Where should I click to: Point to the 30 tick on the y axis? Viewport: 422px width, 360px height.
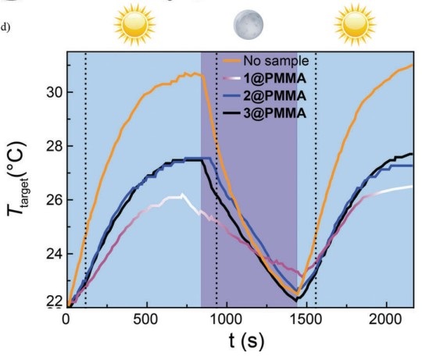45,92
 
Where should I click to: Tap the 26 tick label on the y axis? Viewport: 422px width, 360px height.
45,199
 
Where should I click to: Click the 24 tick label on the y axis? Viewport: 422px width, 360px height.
45,253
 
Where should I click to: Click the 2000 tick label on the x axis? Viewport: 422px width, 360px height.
386,320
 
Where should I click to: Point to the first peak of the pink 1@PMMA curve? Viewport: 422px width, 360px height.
181,195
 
